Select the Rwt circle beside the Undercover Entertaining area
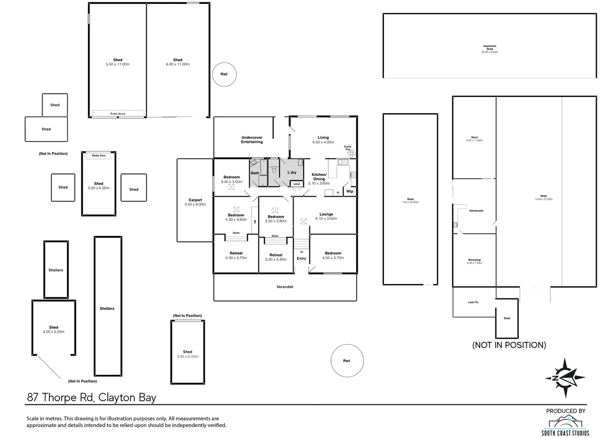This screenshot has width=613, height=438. [x=224, y=74]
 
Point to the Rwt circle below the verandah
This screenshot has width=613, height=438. [x=347, y=361]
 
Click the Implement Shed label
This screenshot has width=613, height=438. [x=489, y=49]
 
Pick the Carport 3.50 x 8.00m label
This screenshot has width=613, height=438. [x=195, y=202]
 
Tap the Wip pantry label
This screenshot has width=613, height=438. [x=349, y=191]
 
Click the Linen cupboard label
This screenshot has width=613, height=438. [x=297, y=184]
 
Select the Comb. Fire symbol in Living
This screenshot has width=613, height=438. [x=352, y=153]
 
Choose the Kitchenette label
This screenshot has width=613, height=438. [x=476, y=211]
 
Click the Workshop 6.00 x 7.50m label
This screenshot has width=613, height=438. [x=474, y=261]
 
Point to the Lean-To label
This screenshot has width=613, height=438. [x=473, y=302]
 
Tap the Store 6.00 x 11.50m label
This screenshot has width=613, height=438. [x=474, y=139]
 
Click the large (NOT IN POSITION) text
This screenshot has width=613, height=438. [x=509, y=345]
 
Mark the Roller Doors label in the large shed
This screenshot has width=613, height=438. [x=118, y=114]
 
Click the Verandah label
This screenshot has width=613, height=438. [x=285, y=287]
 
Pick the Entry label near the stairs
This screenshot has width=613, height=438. [x=302, y=258]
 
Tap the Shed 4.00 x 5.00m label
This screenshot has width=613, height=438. [x=54, y=329]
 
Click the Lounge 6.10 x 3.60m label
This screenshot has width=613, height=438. [x=326, y=216]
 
